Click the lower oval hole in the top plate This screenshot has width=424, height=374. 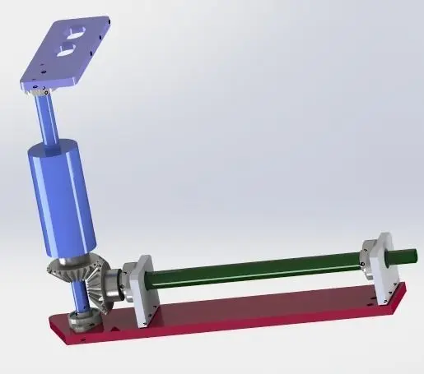click(x=64, y=50)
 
